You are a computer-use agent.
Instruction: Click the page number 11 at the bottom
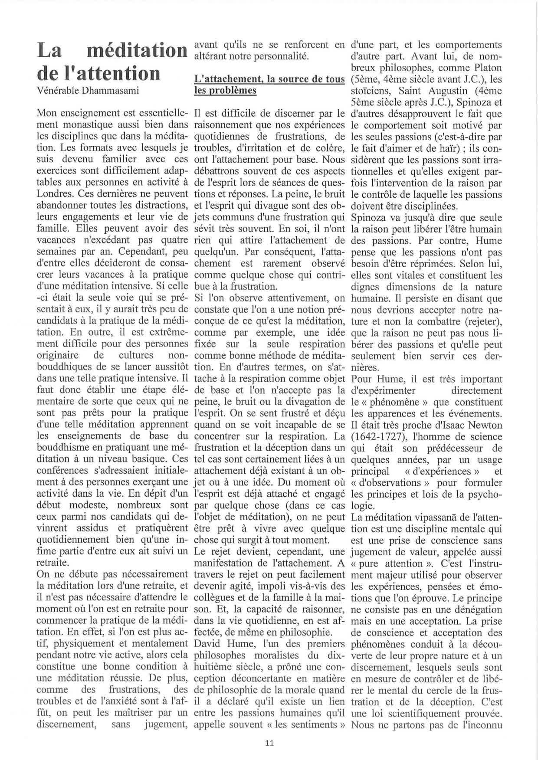click(269, 743)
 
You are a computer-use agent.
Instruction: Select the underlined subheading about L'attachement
click(269, 85)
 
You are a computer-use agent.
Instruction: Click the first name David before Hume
click(209, 644)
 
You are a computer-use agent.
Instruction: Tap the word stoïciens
click(371, 91)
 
